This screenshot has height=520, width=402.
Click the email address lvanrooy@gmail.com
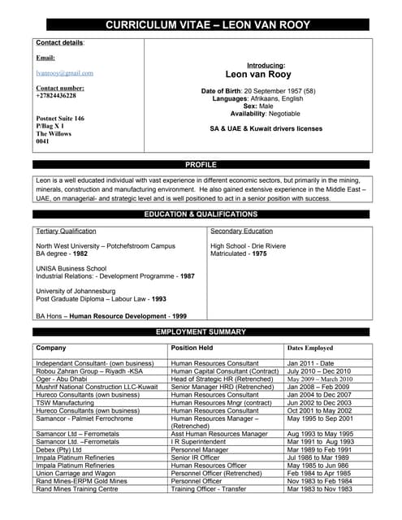pyautogui.click(x=64, y=73)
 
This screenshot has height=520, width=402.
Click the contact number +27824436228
pyautogui.click(x=56, y=95)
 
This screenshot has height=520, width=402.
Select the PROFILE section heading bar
pyautogui.click(x=201, y=165)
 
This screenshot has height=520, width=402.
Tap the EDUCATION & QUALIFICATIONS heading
pyautogui.click(x=201, y=214)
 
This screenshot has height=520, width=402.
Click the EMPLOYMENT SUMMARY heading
pyautogui.click(x=201, y=332)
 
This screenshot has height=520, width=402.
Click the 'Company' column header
pyautogui.click(x=51, y=348)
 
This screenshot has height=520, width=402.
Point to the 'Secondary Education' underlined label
pyautogui.click(x=241, y=232)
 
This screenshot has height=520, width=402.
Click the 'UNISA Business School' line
pyautogui.click(x=71, y=267)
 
